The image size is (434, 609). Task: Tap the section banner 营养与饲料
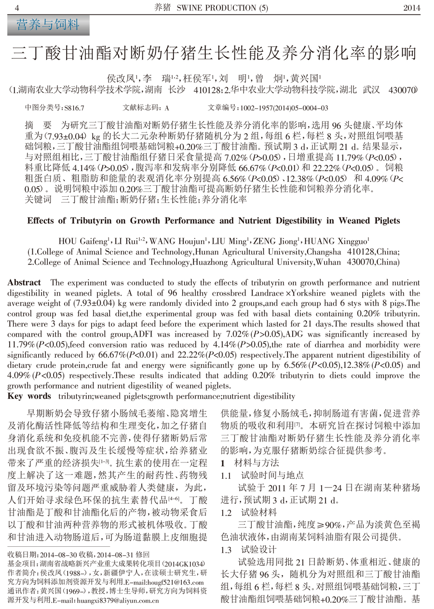[48, 25]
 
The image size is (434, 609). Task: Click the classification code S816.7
[74, 108]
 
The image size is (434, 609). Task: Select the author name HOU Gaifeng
[84, 241]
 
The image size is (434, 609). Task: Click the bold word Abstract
[24, 283]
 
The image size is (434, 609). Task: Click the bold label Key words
[29, 396]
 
